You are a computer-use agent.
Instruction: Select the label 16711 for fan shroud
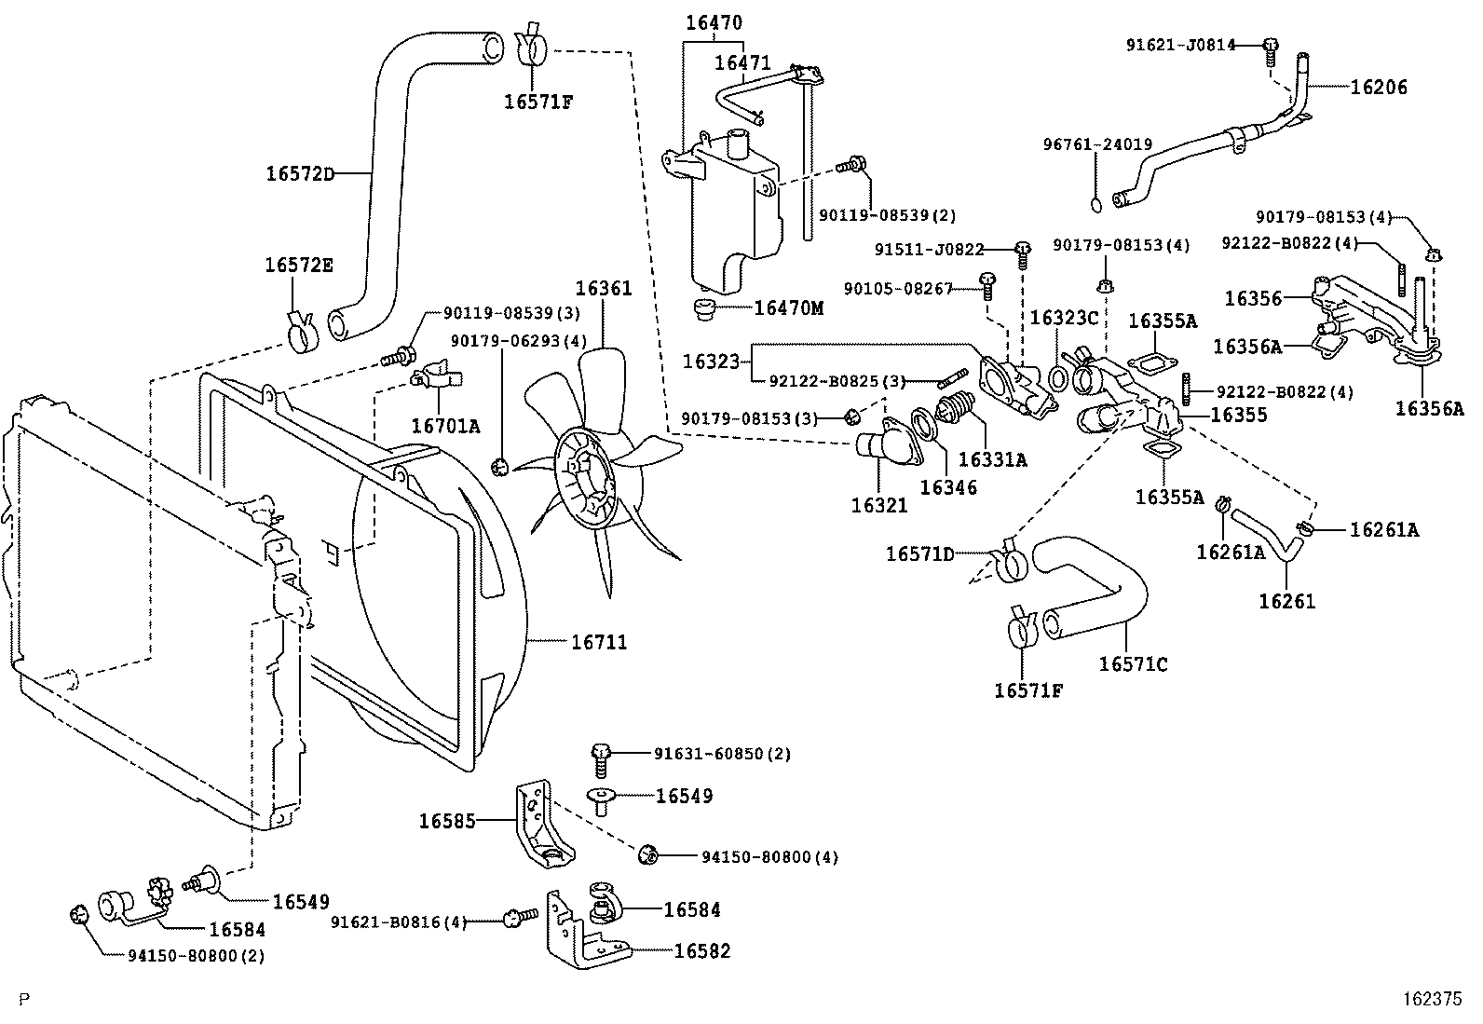coord(599,642)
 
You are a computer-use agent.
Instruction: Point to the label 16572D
coord(299,173)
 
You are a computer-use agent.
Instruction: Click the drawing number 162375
coord(1433,998)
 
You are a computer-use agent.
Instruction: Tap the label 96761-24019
coord(1097,145)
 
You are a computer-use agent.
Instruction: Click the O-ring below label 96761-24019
coord(1097,204)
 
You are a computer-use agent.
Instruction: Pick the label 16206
coord(1379,88)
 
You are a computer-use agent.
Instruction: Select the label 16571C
coord(1133,664)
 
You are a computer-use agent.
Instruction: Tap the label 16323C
coord(1064,318)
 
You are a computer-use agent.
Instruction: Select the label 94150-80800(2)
coord(196,956)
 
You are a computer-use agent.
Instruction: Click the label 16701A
coord(445,426)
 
